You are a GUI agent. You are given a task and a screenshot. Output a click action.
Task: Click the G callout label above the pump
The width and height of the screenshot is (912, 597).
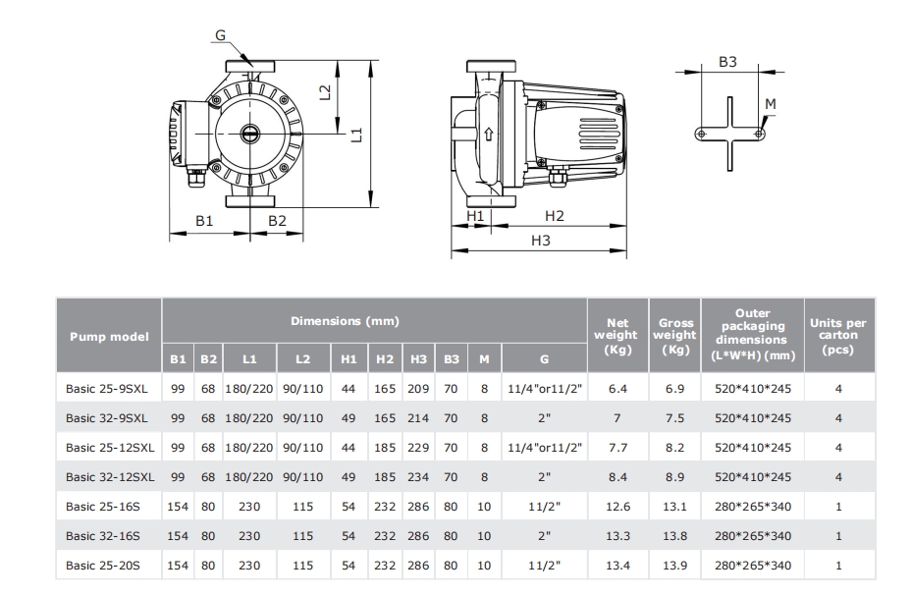pyautogui.click(x=221, y=35)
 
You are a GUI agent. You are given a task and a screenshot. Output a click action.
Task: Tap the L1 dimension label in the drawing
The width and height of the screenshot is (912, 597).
pyautogui.click(x=357, y=135)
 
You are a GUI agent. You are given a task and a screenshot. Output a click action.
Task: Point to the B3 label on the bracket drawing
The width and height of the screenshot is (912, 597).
pyautogui.click(x=727, y=62)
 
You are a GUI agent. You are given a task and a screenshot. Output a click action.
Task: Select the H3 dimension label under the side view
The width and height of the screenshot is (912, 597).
pyautogui.click(x=540, y=241)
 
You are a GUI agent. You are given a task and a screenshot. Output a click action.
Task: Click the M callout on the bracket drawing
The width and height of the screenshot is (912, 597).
pyautogui.click(x=770, y=104)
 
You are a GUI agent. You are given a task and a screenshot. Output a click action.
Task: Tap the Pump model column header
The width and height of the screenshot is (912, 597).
pyautogui.click(x=109, y=337)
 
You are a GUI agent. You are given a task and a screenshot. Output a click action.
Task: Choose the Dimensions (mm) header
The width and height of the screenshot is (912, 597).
pyautogui.click(x=345, y=321)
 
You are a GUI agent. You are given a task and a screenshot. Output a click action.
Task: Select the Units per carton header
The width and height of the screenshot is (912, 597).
pyautogui.click(x=838, y=336)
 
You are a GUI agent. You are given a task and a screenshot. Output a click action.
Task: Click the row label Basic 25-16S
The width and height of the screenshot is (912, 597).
pyautogui.click(x=103, y=507)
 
